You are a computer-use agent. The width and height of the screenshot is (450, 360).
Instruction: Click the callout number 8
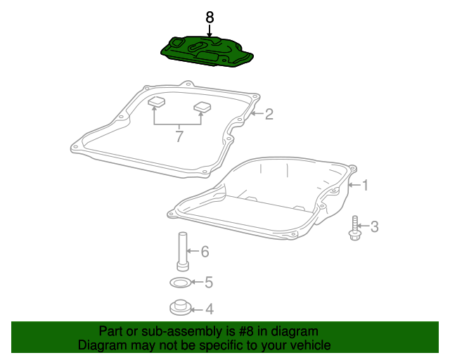[x=210, y=17]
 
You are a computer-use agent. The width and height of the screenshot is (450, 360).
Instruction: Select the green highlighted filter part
[x=207, y=51]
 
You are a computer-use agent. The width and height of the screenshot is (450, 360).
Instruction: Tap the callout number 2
[x=269, y=114]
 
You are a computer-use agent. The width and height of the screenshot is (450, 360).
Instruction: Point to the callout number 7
[x=179, y=136]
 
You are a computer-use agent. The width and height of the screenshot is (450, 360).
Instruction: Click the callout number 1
[x=366, y=185]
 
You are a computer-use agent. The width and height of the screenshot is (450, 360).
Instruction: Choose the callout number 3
[x=374, y=226]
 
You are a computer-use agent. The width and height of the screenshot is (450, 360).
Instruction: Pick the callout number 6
[x=205, y=252]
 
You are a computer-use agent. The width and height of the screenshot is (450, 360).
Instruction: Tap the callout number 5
[x=209, y=282]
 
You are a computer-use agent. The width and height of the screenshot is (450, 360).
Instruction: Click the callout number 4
[x=210, y=309]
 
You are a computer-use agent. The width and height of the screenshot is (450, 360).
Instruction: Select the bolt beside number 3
[x=354, y=229]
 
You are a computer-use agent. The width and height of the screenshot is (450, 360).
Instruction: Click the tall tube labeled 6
[x=183, y=251]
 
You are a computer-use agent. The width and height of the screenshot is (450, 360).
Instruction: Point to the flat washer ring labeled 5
[x=180, y=283]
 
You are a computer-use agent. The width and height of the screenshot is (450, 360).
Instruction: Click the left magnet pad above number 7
[x=157, y=101]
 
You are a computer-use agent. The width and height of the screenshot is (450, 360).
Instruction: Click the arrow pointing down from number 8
[x=210, y=31]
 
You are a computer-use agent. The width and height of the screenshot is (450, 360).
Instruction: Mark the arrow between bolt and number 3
[x=363, y=226]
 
